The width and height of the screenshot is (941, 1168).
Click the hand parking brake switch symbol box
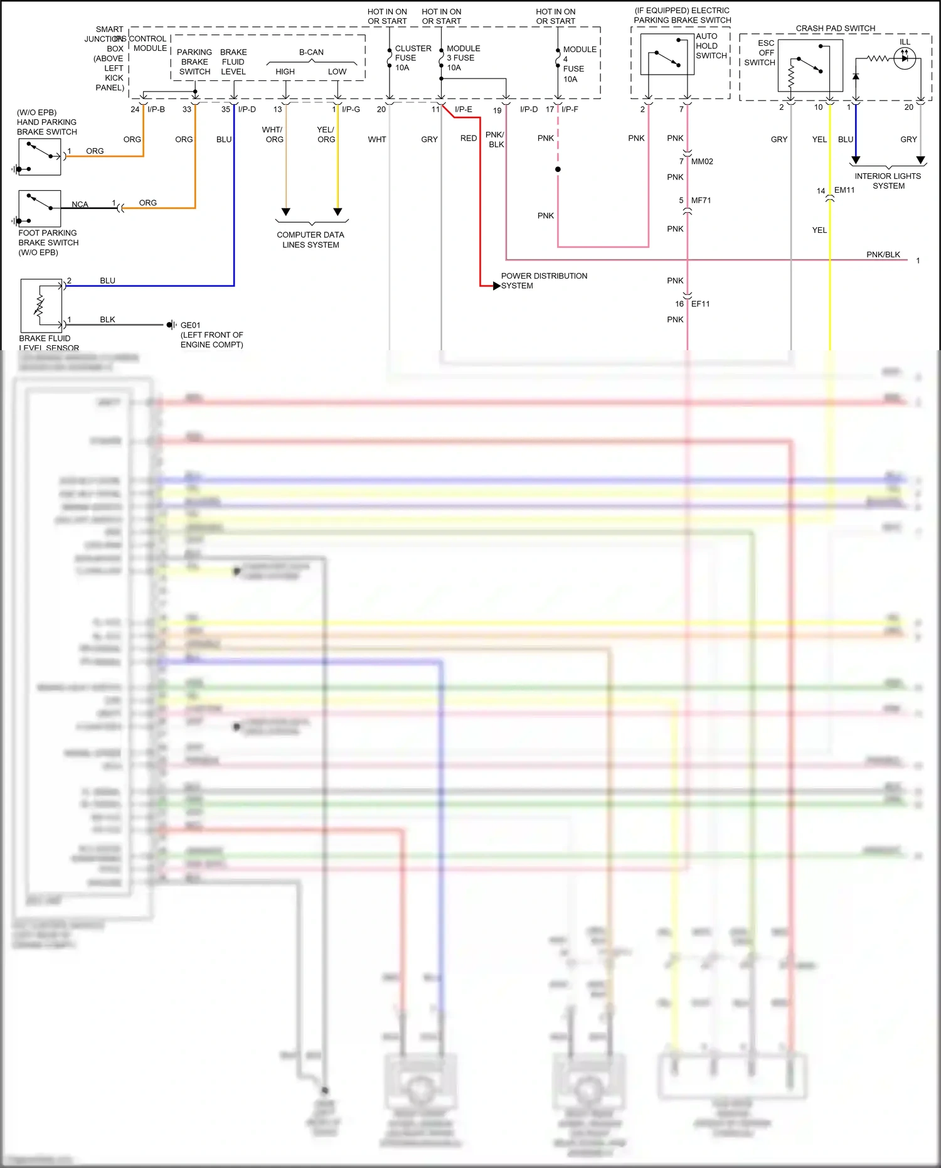click(40, 157)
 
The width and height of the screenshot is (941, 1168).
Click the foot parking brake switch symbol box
click(40, 208)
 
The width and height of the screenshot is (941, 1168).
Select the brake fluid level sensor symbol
click(41, 306)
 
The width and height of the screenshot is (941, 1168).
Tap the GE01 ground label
click(191, 325)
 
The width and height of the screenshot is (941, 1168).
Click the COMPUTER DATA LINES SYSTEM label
click(311, 240)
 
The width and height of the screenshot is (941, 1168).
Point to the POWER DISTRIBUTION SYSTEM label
click(543, 281)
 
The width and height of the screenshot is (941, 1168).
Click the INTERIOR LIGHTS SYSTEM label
click(888, 181)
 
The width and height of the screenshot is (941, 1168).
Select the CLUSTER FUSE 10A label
click(412, 58)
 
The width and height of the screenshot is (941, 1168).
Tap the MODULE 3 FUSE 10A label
click(463, 58)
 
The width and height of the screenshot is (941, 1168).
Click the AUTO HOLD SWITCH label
click(711, 46)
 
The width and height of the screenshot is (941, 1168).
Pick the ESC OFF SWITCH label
click(760, 53)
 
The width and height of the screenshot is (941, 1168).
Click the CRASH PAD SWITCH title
click(835, 28)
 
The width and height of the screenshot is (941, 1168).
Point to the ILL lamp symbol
click(904, 58)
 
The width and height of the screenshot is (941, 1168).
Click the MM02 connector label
click(702, 161)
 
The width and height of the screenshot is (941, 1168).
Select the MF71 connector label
click(701, 200)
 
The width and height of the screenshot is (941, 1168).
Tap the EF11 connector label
click(700, 304)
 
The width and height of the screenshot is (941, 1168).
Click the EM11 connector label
click(844, 190)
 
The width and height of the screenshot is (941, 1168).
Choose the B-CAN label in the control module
click(311, 52)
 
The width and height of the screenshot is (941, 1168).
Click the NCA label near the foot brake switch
click(80, 205)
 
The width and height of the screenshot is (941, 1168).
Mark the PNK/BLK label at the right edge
click(883, 254)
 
